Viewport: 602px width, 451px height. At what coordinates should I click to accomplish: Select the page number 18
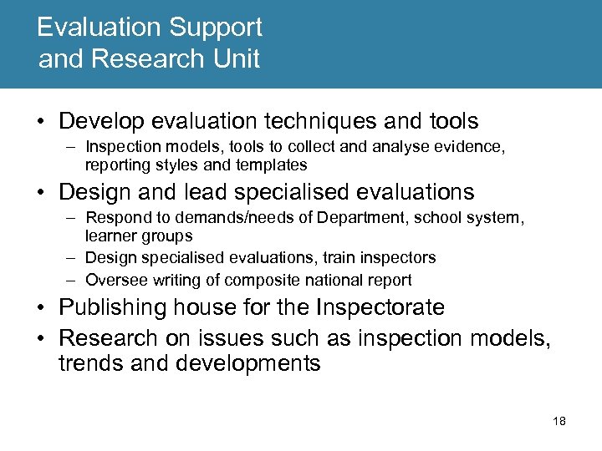(559, 421)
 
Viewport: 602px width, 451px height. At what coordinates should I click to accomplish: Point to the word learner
(110, 236)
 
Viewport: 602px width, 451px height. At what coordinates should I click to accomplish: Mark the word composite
(266, 280)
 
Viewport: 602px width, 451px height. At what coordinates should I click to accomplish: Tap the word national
(341, 280)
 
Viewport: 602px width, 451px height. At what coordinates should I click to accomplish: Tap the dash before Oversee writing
(73, 280)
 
